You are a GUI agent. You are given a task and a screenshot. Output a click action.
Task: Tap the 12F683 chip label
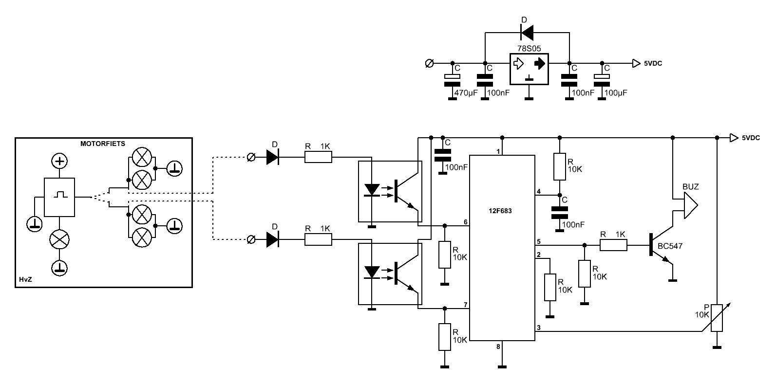coord(500,211)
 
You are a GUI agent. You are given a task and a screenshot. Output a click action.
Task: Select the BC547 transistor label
coord(670,246)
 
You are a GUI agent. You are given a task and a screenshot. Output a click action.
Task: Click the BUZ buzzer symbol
coord(690,205)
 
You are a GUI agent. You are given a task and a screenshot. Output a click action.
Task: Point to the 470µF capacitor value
coord(466,93)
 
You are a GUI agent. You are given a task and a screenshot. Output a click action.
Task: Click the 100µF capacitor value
coord(616,93)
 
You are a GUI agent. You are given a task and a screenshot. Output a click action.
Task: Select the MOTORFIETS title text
coord(103,144)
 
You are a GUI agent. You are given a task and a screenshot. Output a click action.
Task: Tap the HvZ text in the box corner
coord(25,279)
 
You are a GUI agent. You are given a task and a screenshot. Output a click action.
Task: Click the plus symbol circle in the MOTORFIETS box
coord(59,161)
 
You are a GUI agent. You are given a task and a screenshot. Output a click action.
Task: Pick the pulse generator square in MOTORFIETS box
coord(59,197)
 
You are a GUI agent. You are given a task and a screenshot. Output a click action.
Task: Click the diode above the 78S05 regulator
coord(527,33)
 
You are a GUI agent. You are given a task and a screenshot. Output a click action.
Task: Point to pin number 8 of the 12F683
coord(498,347)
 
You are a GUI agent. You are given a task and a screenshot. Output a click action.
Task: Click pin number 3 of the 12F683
coord(539,328)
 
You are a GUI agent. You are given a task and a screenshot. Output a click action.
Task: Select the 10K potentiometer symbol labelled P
coord(717,318)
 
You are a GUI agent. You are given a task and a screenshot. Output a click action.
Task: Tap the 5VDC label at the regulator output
coord(653,63)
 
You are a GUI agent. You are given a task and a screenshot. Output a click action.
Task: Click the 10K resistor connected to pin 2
coord(550,288)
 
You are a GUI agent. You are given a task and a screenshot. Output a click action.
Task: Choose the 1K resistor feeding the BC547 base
coord(613,245)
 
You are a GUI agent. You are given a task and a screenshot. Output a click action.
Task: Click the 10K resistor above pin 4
coord(560,167)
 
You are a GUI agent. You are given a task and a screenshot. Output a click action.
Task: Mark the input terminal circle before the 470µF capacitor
coord(429,63)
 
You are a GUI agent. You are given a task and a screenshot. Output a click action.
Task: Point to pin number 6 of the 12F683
coord(466,222)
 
